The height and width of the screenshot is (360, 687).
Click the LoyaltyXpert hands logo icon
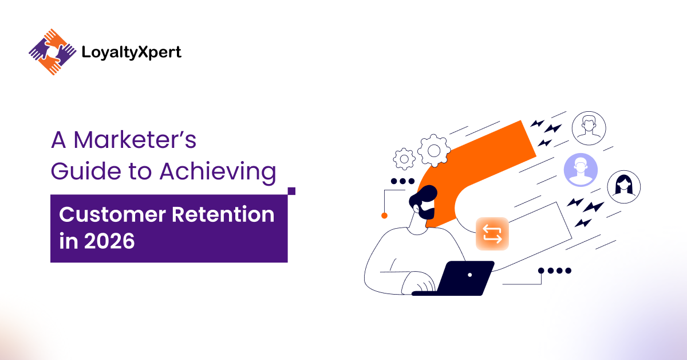(52, 53)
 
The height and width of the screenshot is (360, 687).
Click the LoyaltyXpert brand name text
(132, 53)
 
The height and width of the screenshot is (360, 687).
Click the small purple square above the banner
(291, 191)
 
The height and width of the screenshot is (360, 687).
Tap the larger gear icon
(433, 151)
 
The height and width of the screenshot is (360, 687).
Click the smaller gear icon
(404, 158)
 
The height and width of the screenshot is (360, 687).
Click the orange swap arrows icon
(492, 234)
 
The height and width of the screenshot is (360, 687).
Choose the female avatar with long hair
(623, 186)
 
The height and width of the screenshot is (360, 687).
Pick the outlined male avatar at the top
(589, 128)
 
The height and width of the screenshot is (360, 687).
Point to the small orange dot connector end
(384, 216)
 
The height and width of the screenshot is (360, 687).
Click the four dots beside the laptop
(555, 271)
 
